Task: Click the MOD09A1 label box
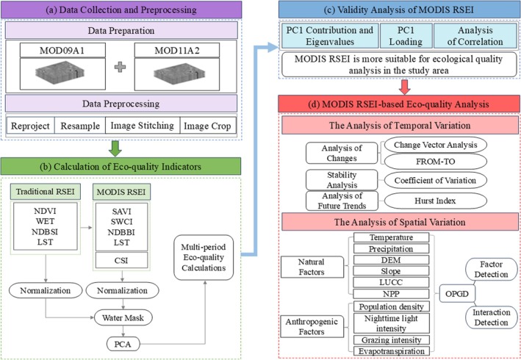click(62, 50)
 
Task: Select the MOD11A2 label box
click(177, 50)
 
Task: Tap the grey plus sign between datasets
click(120, 67)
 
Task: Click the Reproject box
click(30, 126)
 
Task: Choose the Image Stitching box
click(143, 126)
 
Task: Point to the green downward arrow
click(115, 149)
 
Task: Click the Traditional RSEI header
click(45, 192)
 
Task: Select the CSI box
click(121, 260)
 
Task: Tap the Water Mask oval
click(123, 318)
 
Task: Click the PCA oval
click(123, 344)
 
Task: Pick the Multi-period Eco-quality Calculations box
click(204, 257)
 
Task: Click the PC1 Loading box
click(406, 36)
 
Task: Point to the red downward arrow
click(404, 87)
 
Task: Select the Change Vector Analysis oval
click(435, 145)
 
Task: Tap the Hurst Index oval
click(435, 201)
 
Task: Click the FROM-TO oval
click(435, 162)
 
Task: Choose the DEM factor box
click(391, 259)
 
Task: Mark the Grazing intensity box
click(391, 340)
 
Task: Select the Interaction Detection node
click(491, 317)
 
